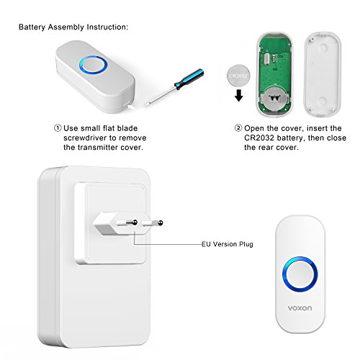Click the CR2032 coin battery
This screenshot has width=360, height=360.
pos(238,76)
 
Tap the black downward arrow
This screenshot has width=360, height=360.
pos(239,95)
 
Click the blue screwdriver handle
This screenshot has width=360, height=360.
pos(189,79)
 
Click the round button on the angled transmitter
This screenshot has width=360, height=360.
pos(93,65)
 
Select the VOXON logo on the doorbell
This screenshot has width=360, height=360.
pos(300,308)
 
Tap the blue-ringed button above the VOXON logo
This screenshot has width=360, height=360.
pos(300,274)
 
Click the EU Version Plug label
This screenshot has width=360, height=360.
pos(228,244)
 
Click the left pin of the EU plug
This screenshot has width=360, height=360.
pos(127,223)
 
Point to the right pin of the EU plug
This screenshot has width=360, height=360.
pos(153,223)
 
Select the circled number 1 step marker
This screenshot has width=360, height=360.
pos(58,128)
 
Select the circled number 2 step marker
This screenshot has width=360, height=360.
pos(238,128)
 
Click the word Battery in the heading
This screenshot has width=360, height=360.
pos(32,27)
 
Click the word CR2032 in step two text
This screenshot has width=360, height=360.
pos(259,138)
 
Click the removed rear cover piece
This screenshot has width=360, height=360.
pos(323,74)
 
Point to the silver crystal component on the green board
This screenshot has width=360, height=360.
pos(266,59)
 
